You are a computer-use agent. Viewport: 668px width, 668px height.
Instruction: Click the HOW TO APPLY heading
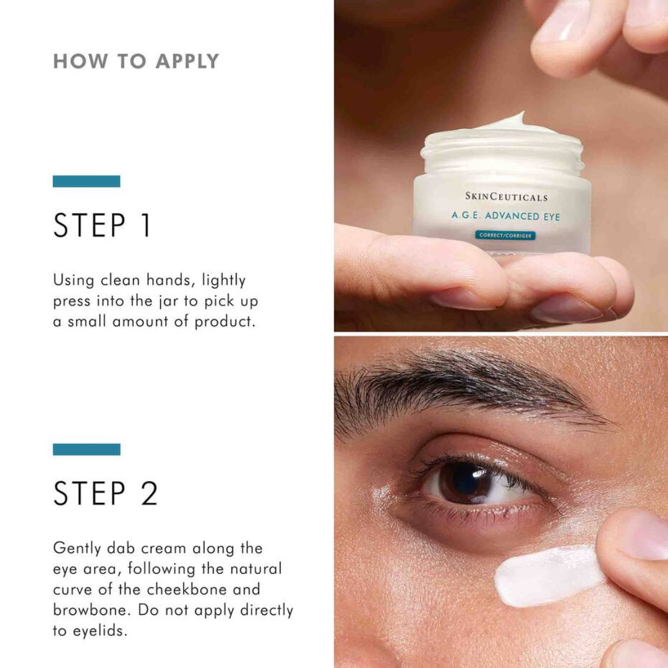(136, 61)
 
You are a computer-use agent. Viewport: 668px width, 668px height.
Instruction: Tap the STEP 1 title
(102, 226)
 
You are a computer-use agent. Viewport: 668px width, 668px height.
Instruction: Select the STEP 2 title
(105, 493)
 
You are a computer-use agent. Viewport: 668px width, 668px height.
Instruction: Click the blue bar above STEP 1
(87, 181)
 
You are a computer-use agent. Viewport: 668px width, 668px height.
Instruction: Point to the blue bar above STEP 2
(87, 450)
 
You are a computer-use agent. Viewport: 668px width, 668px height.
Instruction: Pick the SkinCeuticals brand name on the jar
(506, 197)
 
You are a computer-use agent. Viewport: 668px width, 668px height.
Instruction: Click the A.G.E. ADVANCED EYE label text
(505, 216)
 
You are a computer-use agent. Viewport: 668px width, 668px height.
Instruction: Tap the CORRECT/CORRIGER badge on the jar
(505, 235)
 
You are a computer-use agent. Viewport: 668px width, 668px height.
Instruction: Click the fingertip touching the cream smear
(631, 544)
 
